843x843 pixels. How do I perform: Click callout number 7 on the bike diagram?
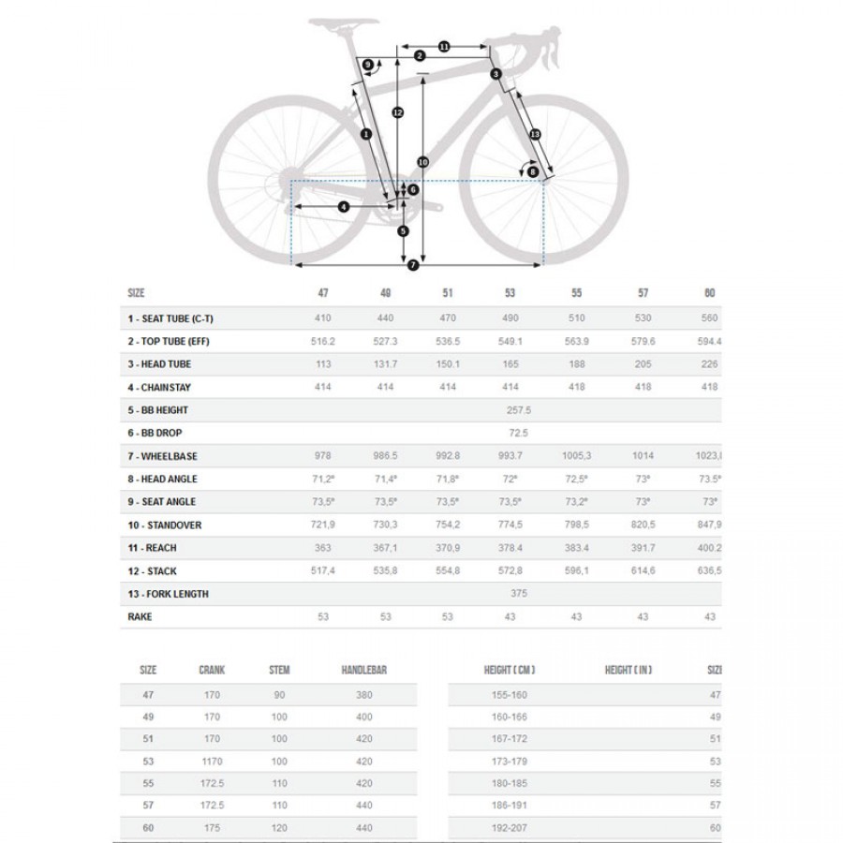pyautogui.click(x=412, y=266)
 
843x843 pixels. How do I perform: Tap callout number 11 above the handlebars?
pyautogui.click(x=443, y=46)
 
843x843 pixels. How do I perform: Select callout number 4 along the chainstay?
pyautogui.click(x=343, y=206)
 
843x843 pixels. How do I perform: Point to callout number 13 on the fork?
pyautogui.click(x=535, y=136)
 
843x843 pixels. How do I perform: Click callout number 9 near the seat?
pyautogui.click(x=368, y=65)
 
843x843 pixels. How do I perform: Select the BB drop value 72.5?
pyautogui.click(x=517, y=433)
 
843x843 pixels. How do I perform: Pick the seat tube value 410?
pyautogui.click(x=323, y=318)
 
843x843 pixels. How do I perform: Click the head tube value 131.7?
pyautogui.click(x=386, y=364)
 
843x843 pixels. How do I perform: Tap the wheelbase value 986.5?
pyautogui.click(x=386, y=456)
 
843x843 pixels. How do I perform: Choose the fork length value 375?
pyautogui.click(x=517, y=594)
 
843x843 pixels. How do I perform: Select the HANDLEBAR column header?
pyautogui.click(x=363, y=671)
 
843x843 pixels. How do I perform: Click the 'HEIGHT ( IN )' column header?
pyautogui.click(x=628, y=671)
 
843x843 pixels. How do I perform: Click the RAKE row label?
pyautogui.click(x=140, y=617)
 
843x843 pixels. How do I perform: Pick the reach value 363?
pyautogui.click(x=323, y=548)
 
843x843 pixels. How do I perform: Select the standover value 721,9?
pyautogui.click(x=323, y=525)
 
